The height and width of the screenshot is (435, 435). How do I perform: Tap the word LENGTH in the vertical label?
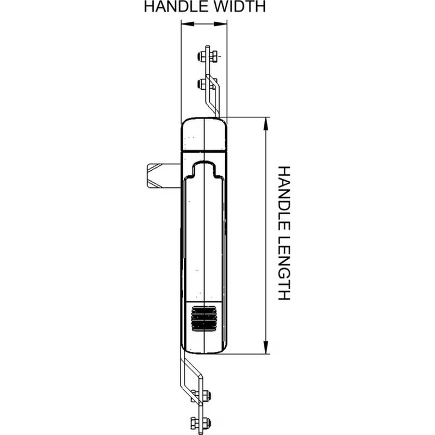[284, 268]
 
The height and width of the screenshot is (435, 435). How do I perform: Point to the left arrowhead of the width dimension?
[187, 24]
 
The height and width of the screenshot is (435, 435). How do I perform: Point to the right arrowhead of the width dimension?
[221, 24]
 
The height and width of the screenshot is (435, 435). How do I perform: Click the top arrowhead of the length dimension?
[266, 124]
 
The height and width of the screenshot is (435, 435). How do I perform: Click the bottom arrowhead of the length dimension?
[266, 347]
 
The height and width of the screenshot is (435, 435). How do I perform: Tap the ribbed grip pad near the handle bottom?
[204, 319]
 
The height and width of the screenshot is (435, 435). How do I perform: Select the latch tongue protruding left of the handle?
[164, 176]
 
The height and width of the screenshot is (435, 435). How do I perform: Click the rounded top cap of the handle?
[204, 134]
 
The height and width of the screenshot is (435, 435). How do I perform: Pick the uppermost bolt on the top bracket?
[208, 57]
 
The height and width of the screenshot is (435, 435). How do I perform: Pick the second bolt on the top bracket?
[207, 84]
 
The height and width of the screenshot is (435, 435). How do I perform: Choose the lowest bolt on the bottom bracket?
[201, 423]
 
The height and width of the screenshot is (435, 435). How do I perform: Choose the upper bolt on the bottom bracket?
[201, 395]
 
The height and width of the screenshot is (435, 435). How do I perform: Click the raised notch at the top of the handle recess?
[204, 168]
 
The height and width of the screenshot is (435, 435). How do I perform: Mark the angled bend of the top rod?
[213, 96]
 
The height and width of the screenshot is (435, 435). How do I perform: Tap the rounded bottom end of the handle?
[204, 345]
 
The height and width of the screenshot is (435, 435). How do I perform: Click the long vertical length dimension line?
[266, 235]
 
